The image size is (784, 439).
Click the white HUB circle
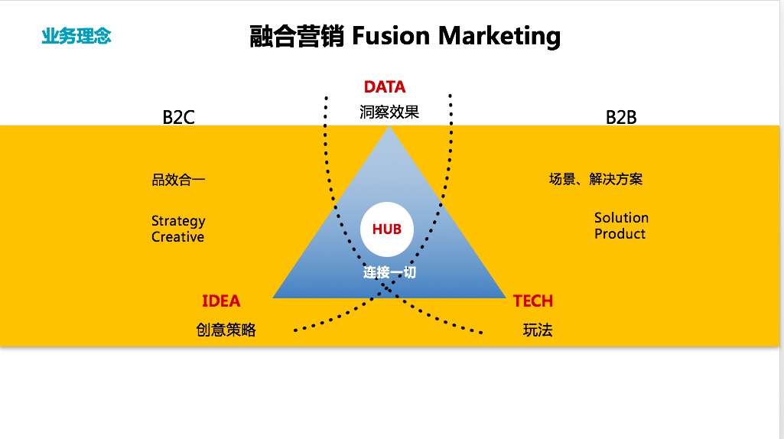(387, 229)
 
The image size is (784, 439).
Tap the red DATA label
(385, 87)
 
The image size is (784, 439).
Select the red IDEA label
(221, 301)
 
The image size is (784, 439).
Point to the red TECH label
(533, 301)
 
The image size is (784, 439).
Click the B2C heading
(178, 117)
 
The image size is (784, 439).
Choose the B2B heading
(621, 117)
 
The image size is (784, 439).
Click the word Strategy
(178, 221)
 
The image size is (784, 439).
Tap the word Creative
(177, 237)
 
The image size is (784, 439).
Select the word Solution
(621, 218)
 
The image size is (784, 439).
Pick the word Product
(620, 234)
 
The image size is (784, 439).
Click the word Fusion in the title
(388, 36)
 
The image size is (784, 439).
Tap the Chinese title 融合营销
(297, 36)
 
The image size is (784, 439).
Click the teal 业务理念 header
(76, 35)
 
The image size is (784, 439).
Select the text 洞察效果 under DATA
(389, 112)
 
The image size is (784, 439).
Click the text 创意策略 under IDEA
(226, 330)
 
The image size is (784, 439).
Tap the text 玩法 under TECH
(538, 330)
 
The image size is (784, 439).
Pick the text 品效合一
(178, 180)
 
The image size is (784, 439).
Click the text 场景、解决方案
(596, 180)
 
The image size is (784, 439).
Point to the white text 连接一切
(389, 272)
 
